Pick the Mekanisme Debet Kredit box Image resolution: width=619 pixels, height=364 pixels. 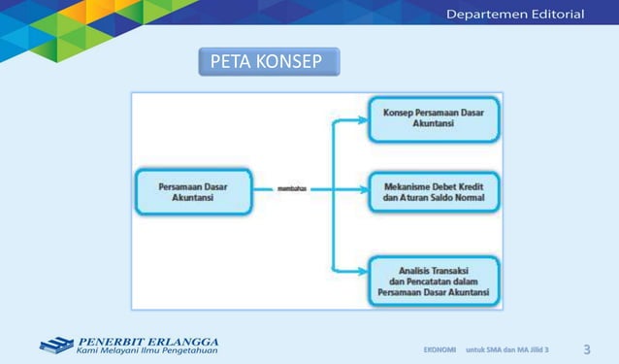(434, 193)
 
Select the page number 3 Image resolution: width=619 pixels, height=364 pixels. (587, 348)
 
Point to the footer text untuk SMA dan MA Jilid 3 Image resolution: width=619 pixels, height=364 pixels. (507, 348)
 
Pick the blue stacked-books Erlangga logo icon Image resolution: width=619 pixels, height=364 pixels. (56, 345)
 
